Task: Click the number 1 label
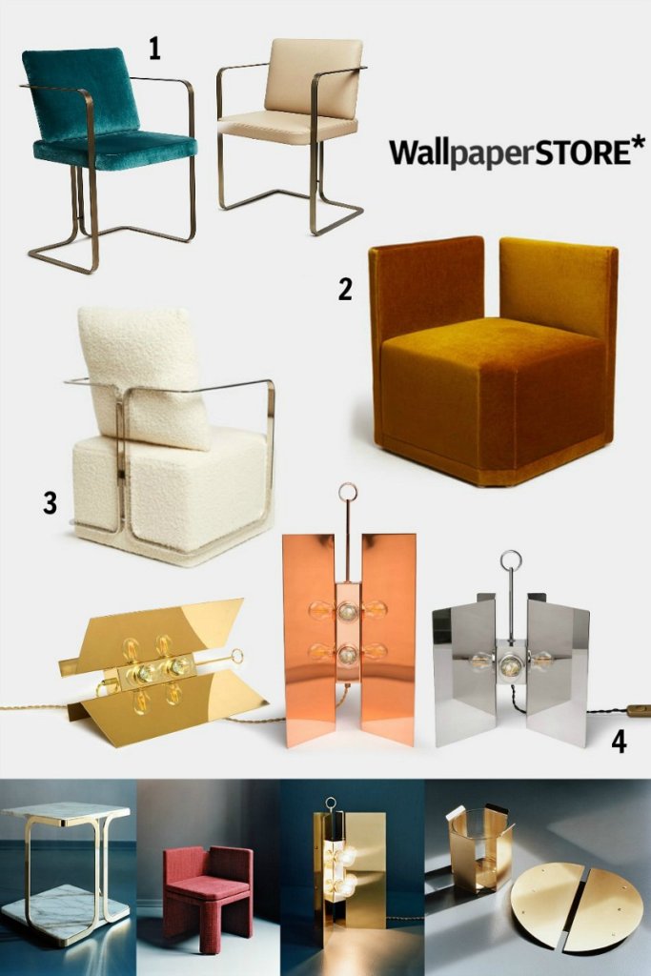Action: point(153,48)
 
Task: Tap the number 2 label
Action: point(345,290)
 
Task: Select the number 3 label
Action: point(50,503)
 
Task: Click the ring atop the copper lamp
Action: point(349,496)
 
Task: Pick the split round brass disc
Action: point(561,906)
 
